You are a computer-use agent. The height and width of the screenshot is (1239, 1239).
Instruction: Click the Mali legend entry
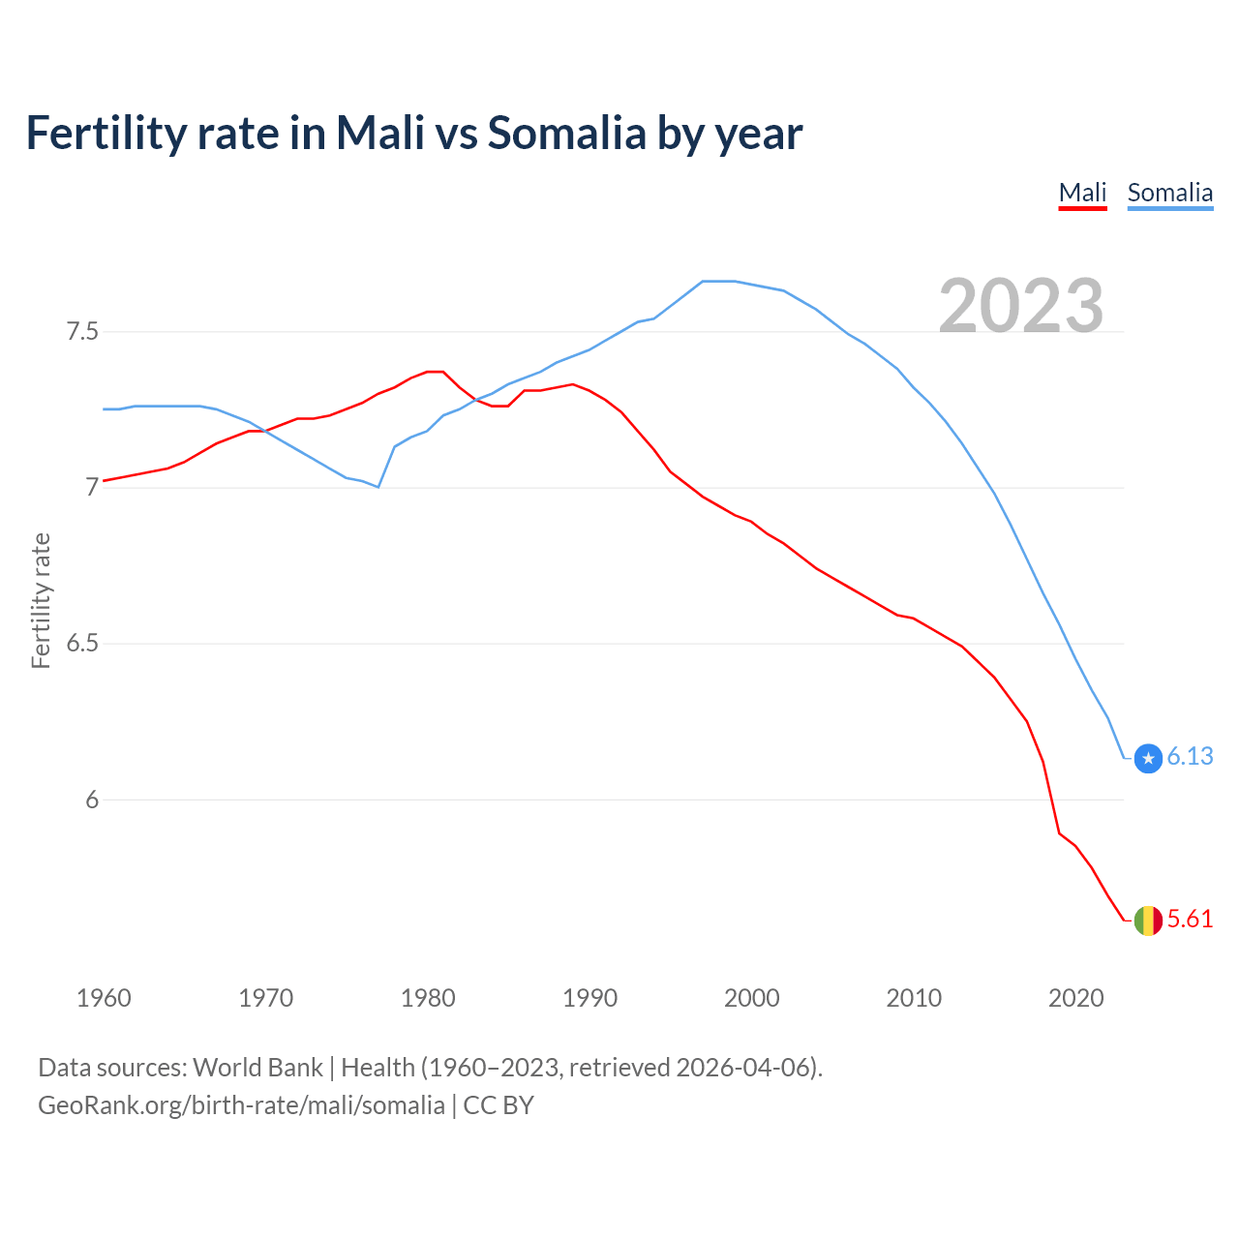click(1082, 193)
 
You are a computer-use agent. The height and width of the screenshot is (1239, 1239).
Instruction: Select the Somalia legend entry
click(1169, 193)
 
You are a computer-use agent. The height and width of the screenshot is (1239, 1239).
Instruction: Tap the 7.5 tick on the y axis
click(82, 332)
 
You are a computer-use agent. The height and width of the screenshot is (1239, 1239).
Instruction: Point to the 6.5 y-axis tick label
click(82, 644)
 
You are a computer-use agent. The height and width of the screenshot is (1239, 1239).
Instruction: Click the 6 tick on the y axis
click(92, 800)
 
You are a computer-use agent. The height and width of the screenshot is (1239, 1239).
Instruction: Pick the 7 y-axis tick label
click(92, 488)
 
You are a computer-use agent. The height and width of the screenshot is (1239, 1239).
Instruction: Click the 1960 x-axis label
click(104, 998)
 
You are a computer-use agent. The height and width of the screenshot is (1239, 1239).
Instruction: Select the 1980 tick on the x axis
click(428, 998)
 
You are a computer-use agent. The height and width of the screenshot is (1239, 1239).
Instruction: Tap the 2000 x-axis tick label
click(752, 998)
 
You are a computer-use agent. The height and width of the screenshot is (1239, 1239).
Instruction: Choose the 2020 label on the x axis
click(1075, 998)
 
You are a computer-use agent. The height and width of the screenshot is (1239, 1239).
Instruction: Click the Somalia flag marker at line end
click(1148, 758)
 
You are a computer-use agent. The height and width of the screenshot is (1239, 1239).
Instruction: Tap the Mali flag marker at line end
click(1148, 920)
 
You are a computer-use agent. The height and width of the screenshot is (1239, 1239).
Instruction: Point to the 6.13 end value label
click(1190, 757)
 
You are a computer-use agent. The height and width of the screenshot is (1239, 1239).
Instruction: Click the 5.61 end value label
click(1190, 920)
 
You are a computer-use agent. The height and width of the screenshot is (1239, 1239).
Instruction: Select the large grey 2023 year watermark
click(1021, 306)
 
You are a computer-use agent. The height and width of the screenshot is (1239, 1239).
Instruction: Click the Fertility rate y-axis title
click(41, 600)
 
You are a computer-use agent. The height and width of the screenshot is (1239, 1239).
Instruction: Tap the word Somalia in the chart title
click(566, 133)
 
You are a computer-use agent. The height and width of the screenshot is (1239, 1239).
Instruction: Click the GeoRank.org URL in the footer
click(241, 1105)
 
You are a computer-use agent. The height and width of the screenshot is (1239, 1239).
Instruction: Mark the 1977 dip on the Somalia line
click(378, 487)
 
